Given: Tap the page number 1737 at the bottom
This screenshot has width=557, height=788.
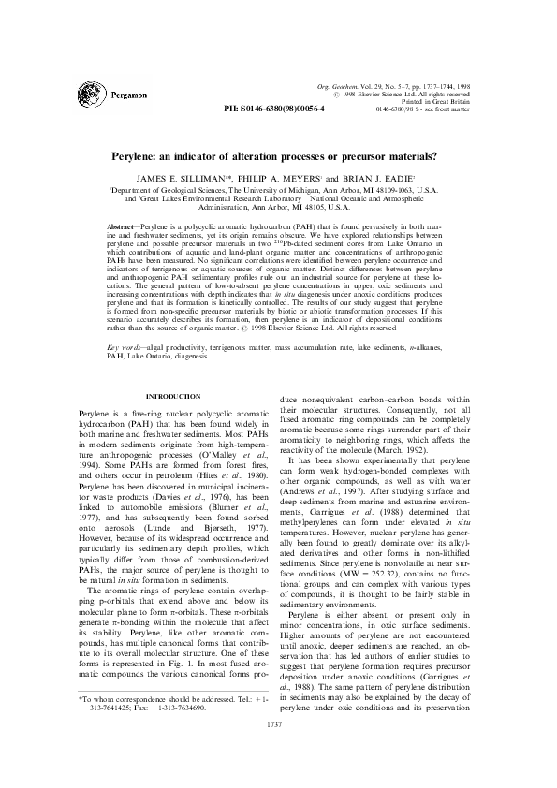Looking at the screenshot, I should [x=278, y=750].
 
